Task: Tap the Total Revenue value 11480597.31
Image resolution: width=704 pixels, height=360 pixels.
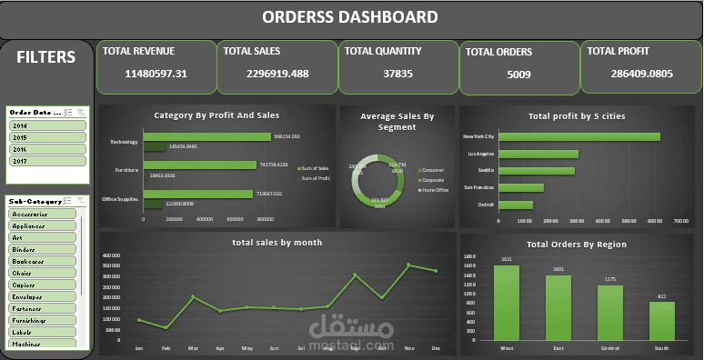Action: click(x=156, y=74)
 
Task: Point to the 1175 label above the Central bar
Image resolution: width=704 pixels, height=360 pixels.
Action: click(x=610, y=279)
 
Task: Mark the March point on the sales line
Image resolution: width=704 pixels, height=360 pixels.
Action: click(x=192, y=296)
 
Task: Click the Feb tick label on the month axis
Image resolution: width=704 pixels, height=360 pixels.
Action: click(x=166, y=348)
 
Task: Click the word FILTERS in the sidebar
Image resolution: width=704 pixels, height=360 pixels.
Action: click(x=46, y=57)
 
